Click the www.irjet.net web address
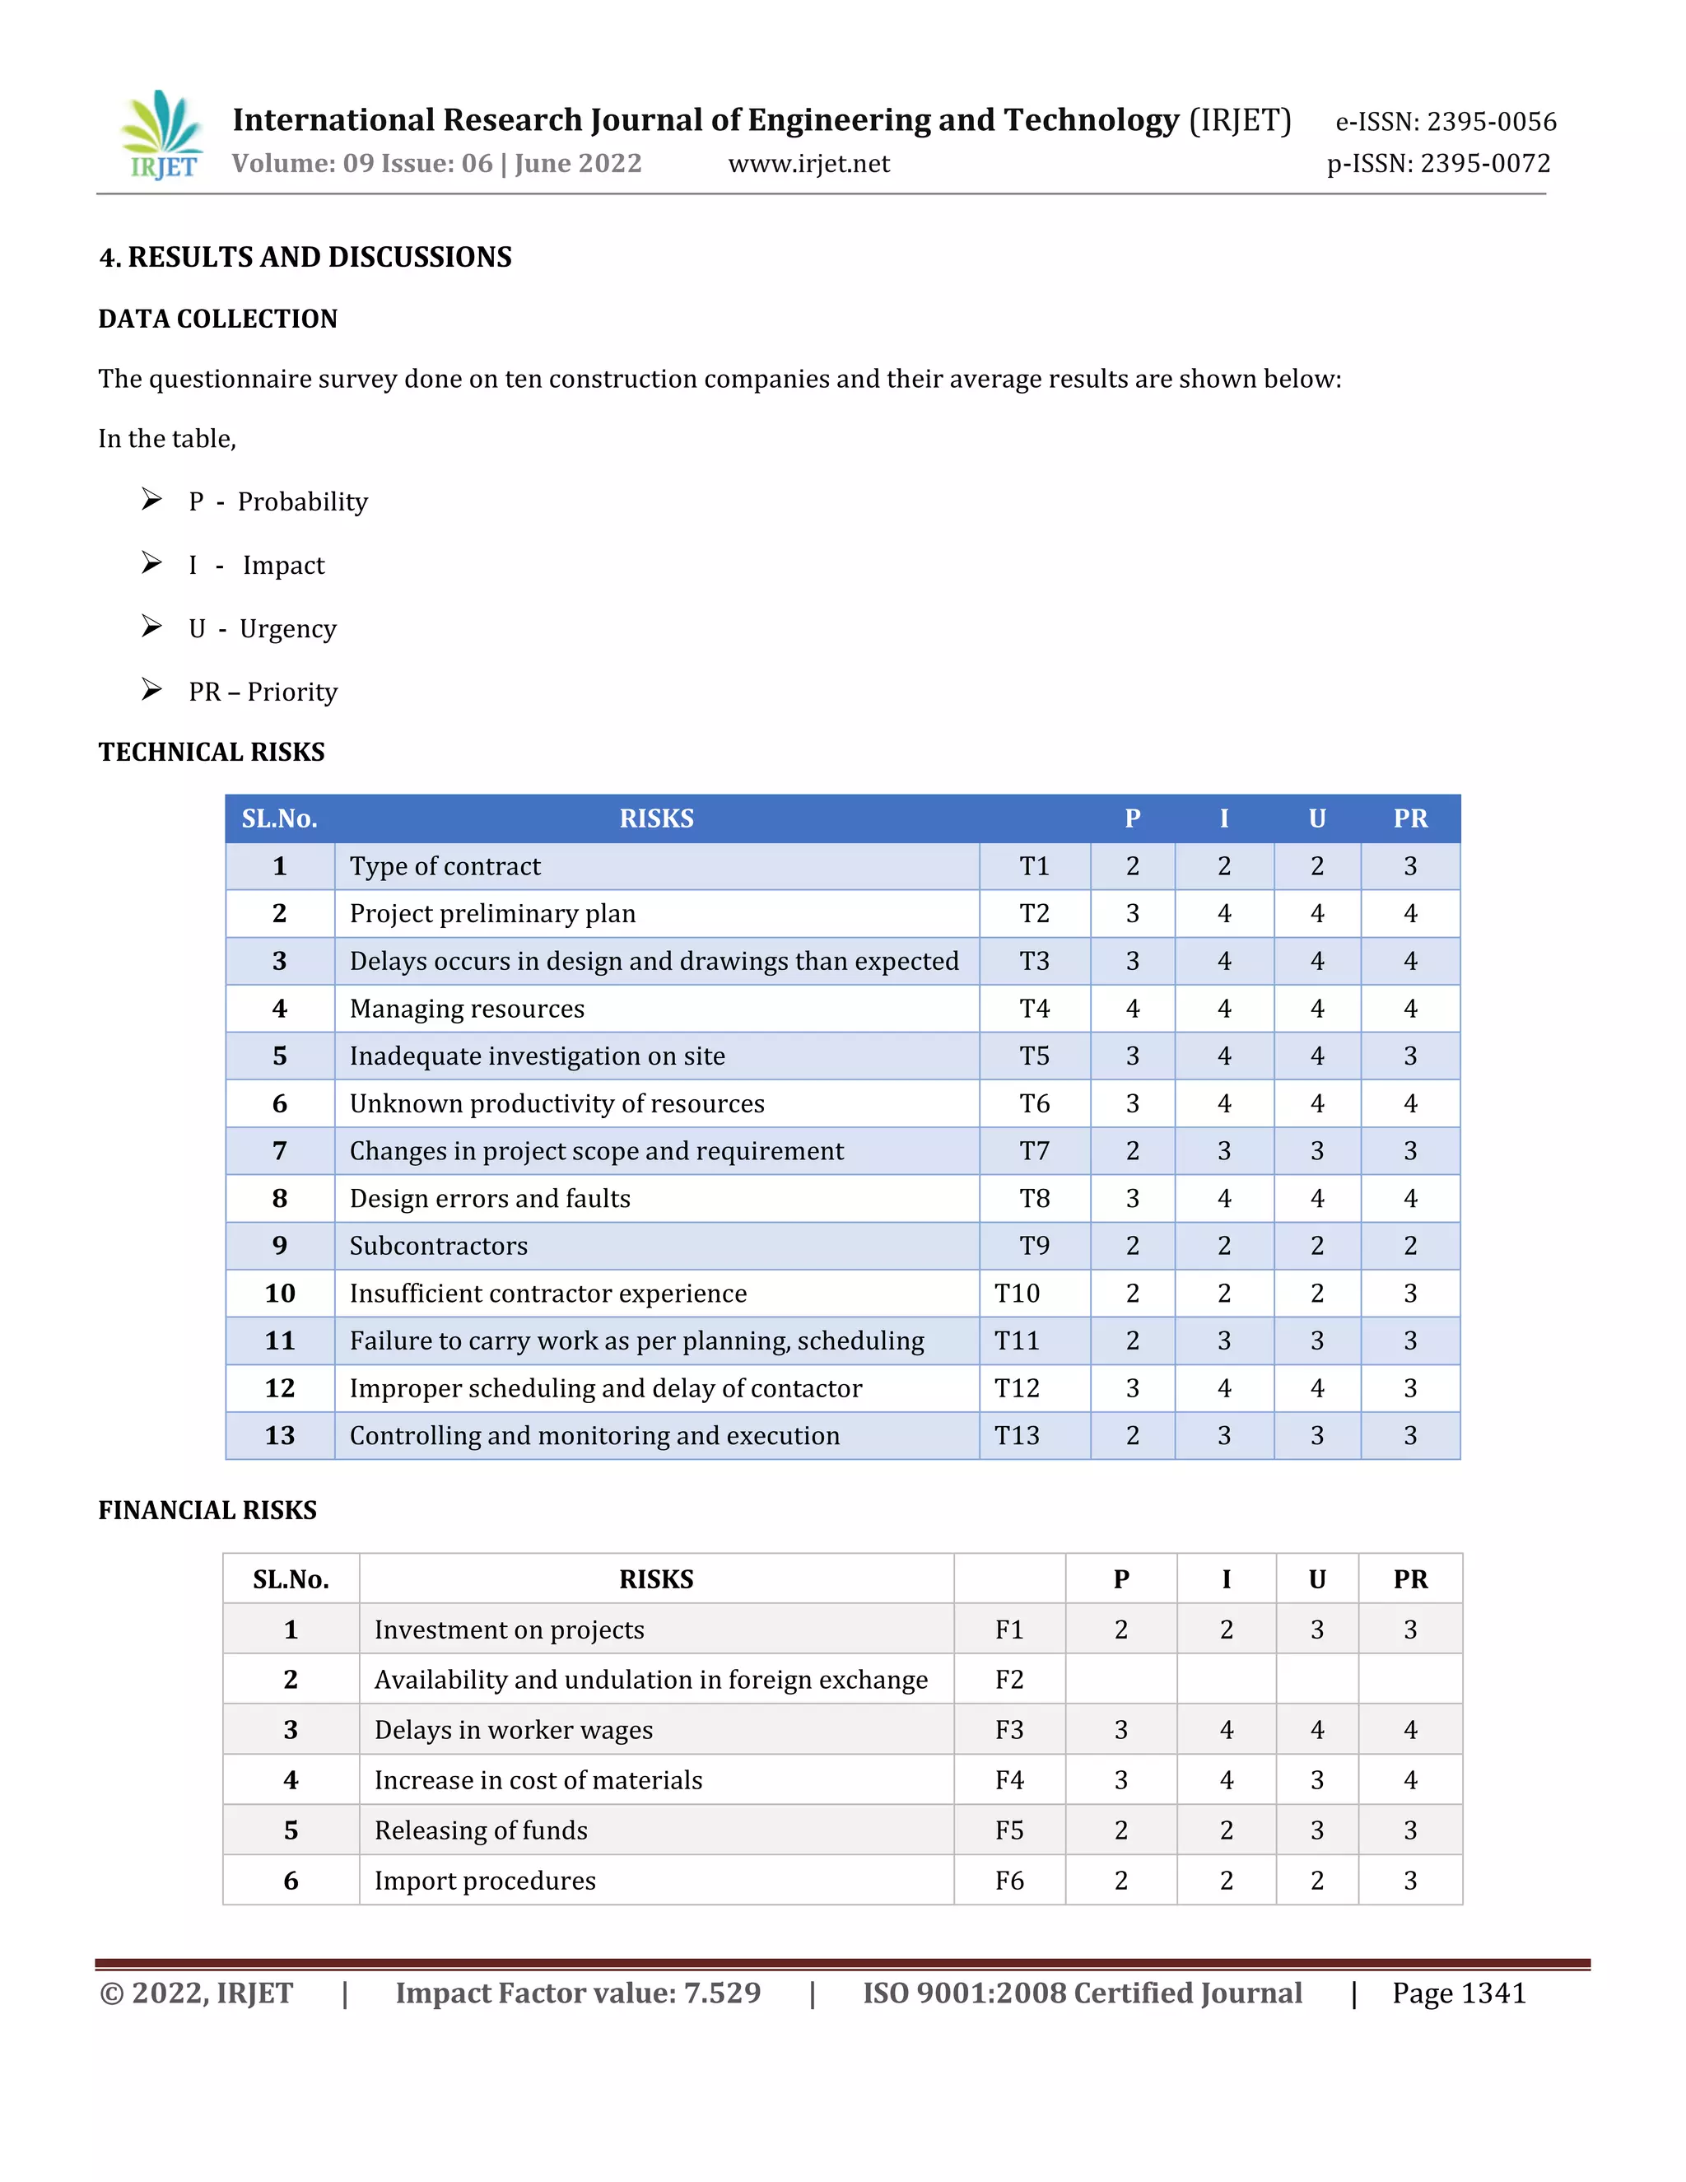click(x=808, y=164)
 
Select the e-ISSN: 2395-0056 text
click(x=1446, y=122)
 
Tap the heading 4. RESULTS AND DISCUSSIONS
click(x=305, y=258)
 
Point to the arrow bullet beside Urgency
click(x=151, y=627)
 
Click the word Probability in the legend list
click(x=303, y=501)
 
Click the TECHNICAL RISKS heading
click(x=212, y=753)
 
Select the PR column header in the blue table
click(x=1409, y=818)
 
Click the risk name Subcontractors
click(x=439, y=1246)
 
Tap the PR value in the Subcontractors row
click(x=1409, y=1246)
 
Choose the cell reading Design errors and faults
click(x=490, y=1199)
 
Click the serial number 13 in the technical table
click(x=280, y=1436)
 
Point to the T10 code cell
click(x=1017, y=1294)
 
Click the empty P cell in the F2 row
click(x=1120, y=1680)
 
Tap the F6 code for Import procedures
click(x=1008, y=1881)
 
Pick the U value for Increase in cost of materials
click(x=1316, y=1780)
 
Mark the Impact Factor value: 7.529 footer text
click(x=577, y=1993)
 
